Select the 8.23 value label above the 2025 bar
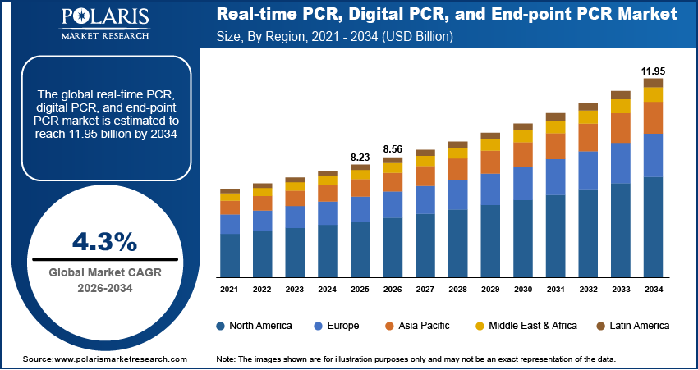(360, 157)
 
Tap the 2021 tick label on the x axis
(230, 290)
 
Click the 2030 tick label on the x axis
(523, 290)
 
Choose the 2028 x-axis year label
(457, 290)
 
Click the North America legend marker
(221, 326)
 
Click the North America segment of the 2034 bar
(653, 226)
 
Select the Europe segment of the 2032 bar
(588, 171)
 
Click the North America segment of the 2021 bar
(230, 255)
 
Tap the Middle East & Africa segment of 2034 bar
(653, 94)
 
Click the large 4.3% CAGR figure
(104, 241)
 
